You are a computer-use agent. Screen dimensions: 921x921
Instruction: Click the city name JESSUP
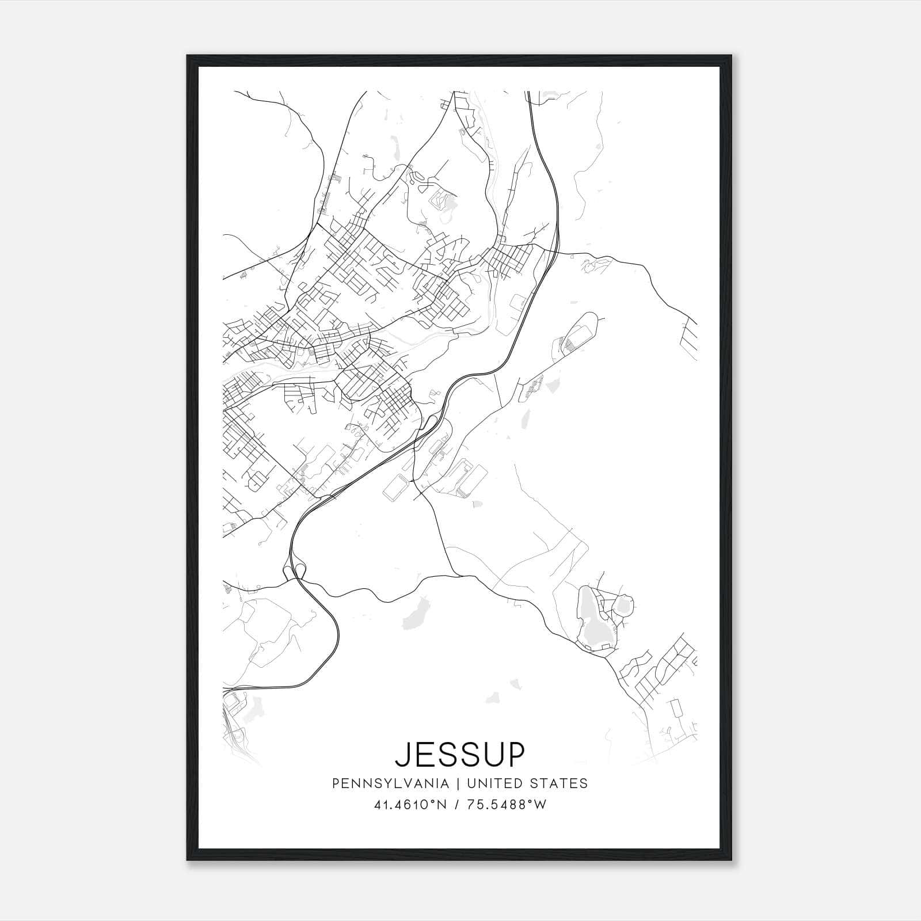[x=460, y=755]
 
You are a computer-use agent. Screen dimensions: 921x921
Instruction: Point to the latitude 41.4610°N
[x=410, y=805]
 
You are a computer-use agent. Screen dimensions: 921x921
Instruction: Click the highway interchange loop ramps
[x=294, y=570]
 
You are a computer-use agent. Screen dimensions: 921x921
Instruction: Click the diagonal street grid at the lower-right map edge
[x=662, y=668]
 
